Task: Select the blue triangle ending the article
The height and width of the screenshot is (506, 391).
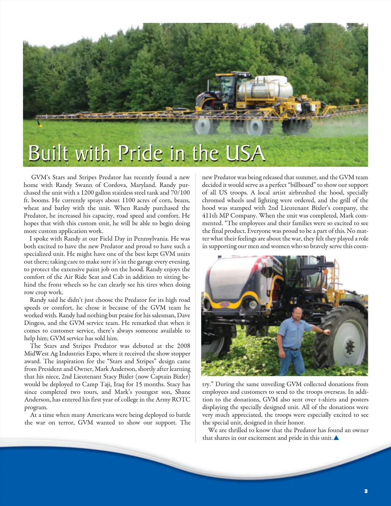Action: [337, 438]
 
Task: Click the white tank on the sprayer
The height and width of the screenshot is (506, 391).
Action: [266, 88]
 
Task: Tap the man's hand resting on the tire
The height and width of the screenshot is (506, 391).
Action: [326, 332]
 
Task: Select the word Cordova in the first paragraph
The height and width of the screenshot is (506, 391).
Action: [115, 185]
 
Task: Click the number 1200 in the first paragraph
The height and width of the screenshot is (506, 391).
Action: [88, 193]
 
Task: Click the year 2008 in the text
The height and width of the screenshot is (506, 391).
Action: [183, 346]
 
